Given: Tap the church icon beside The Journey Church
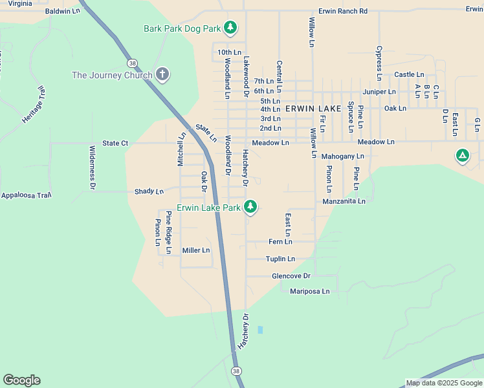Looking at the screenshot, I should click(162, 75).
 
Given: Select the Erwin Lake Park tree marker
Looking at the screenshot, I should click(250, 207).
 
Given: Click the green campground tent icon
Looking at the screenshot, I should click(462, 156).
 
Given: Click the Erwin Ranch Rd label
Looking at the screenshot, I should click(342, 12).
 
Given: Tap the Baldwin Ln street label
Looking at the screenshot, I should click(63, 11).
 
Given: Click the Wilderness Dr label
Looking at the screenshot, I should click(92, 167).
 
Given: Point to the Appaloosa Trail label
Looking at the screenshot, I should click(27, 195).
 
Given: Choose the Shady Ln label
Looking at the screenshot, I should click(149, 191).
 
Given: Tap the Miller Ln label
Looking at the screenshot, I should click(196, 250).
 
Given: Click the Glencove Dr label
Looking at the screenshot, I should click(291, 275).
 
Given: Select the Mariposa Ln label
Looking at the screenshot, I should click(309, 291).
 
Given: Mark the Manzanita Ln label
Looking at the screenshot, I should click(344, 201).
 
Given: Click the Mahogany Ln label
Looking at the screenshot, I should click(342, 156).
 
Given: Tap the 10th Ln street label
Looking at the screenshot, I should click(229, 52).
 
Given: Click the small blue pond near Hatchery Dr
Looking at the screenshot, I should click(260, 330).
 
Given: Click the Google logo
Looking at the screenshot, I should click(21, 380).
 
